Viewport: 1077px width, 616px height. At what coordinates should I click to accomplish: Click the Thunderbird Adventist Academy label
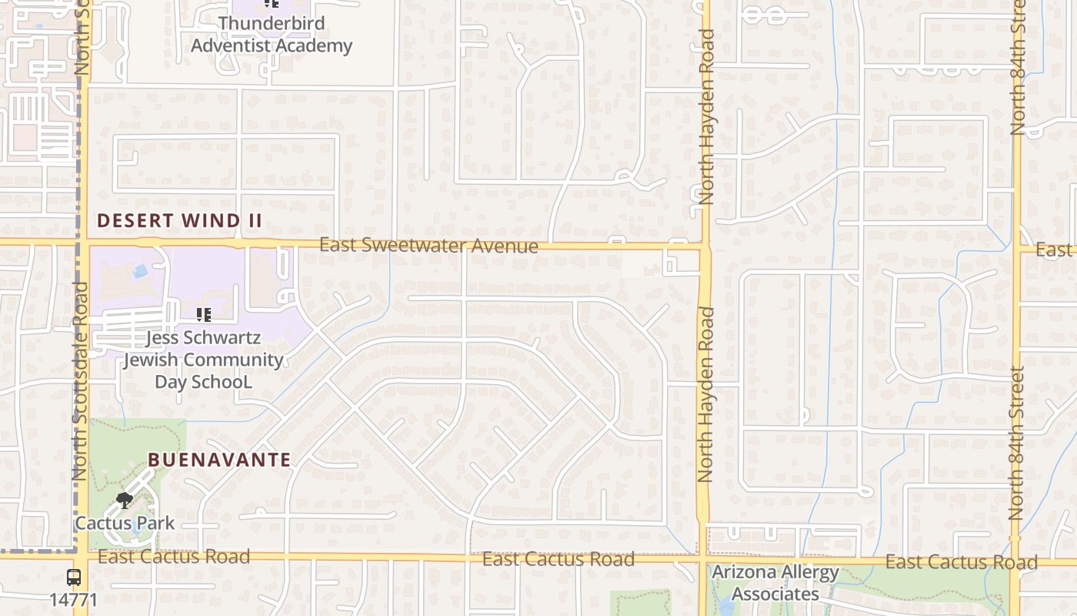pyautogui.click(x=271, y=35)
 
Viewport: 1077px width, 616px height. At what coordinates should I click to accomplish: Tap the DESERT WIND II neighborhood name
pyautogui.click(x=179, y=221)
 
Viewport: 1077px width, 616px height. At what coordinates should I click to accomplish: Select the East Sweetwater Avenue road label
pyautogui.click(x=428, y=246)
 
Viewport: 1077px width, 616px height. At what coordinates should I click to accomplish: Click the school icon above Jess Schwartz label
pyautogui.click(x=204, y=315)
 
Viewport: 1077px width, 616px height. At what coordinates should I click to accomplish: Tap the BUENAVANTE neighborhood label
pyautogui.click(x=219, y=460)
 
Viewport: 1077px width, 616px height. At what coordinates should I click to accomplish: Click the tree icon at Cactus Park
pyautogui.click(x=124, y=500)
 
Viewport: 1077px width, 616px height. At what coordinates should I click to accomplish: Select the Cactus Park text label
pyautogui.click(x=125, y=524)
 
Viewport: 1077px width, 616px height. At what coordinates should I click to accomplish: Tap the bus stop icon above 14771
pyautogui.click(x=74, y=577)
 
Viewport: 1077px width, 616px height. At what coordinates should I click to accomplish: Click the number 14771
pyautogui.click(x=74, y=599)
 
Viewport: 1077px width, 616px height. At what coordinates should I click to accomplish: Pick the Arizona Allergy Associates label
pyautogui.click(x=775, y=583)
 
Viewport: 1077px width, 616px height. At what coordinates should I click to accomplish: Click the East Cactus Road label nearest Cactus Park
pyautogui.click(x=174, y=557)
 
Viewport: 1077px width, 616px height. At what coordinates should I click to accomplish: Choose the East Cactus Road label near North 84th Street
pyautogui.click(x=961, y=562)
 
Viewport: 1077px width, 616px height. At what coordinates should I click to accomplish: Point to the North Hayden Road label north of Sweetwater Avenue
pyautogui.click(x=706, y=115)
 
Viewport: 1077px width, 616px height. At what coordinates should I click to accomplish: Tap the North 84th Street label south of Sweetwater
pyautogui.click(x=1017, y=443)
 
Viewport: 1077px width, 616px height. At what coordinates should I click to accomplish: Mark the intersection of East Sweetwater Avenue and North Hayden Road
pyautogui.click(x=705, y=248)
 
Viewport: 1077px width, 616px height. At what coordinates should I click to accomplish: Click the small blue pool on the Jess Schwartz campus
pyautogui.click(x=140, y=271)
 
